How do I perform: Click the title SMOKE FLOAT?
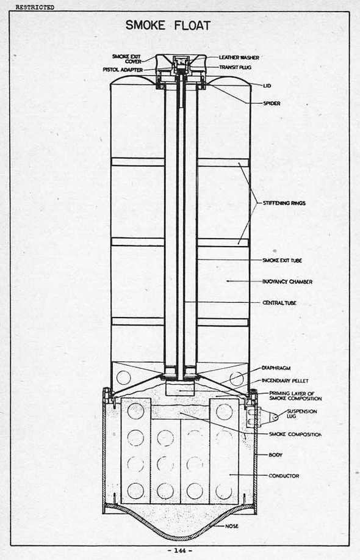[x=168, y=26]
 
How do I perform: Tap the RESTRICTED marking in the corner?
[x=35, y=7]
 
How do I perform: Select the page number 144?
[x=180, y=551]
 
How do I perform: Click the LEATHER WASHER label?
[x=239, y=57]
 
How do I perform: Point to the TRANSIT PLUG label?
[x=235, y=67]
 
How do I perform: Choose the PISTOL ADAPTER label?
[x=123, y=70]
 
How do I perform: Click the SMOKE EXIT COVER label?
[x=127, y=59]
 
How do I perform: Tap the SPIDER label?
[x=272, y=103]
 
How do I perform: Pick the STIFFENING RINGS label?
[x=284, y=203]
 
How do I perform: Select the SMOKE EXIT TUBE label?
[x=283, y=260]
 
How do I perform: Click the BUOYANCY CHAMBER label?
[x=287, y=282]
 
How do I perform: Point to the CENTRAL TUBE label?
[x=279, y=302]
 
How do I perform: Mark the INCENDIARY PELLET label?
[x=285, y=380]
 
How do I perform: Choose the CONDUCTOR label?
[x=284, y=476]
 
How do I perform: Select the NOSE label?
[x=232, y=526]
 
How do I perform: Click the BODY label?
[x=275, y=454]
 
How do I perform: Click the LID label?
[x=267, y=85]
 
